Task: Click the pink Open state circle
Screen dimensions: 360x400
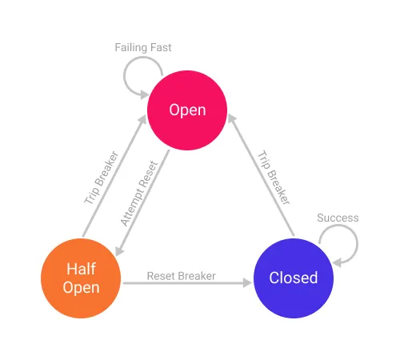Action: coord(187,110)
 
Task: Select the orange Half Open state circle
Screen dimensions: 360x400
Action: coord(81,277)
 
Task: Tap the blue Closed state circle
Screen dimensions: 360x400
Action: coord(293,278)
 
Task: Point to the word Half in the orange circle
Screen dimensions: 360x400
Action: coord(81,269)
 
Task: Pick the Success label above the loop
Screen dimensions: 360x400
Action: coord(338,218)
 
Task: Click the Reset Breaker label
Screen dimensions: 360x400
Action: coord(181,276)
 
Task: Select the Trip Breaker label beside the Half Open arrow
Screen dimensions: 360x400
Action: coord(102,177)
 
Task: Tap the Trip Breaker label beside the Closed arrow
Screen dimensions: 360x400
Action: coord(272,177)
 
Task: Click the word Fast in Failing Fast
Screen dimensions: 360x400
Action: coord(159,47)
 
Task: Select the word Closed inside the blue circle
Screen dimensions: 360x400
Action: coord(293,278)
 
